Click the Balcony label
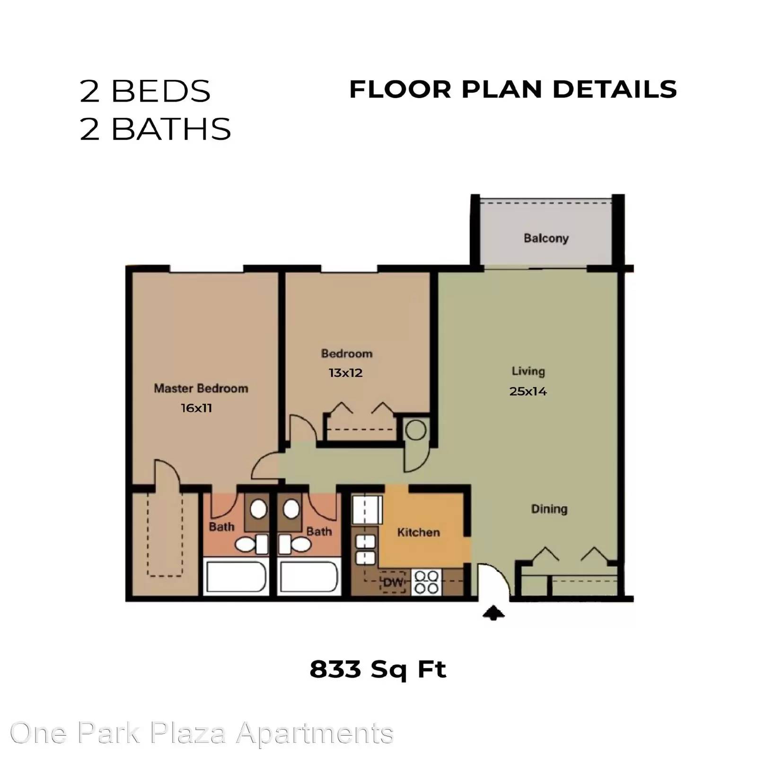[x=546, y=238]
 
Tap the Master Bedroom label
[x=201, y=388]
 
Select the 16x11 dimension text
[x=196, y=408]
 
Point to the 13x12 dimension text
[x=346, y=373]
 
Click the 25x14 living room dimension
[x=528, y=391]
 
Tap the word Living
[x=528, y=371]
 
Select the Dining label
[x=549, y=510]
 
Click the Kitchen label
[x=419, y=532]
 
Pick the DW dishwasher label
[x=393, y=582]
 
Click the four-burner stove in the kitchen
[x=426, y=582]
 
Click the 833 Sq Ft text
[x=378, y=669]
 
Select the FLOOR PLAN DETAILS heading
[x=513, y=89]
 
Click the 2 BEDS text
[x=145, y=91]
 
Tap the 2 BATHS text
[x=155, y=129]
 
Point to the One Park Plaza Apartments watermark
[x=202, y=733]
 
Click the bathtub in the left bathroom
[x=236, y=577]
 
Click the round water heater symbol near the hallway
[x=416, y=431]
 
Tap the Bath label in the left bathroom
[x=221, y=527]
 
